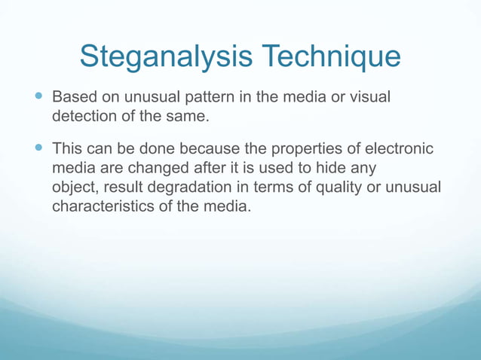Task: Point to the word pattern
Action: [x=198, y=99]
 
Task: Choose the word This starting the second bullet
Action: [x=67, y=149]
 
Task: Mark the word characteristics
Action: [x=100, y=206]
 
